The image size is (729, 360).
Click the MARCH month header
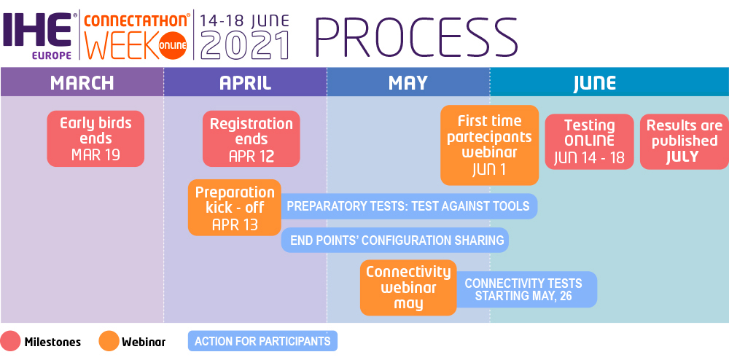point(82,82)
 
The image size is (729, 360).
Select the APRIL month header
point(245,82)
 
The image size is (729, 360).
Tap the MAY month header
point(408,82)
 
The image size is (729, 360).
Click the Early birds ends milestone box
point(95,138)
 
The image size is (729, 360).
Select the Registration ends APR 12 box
point(252,138)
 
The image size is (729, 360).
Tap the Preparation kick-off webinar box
point(235,208)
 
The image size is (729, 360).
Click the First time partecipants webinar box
point(490,145)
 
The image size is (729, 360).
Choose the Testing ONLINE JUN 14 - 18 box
point(590,141)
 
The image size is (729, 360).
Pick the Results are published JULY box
point(685,141)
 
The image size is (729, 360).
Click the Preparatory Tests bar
point(409,206)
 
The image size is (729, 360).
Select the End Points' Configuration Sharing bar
point(395,240)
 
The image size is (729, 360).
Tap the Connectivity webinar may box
point(408,288)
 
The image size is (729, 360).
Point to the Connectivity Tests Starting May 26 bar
point(526,289)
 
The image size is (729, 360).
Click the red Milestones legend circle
point(11,341)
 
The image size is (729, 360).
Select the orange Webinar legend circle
point(109,341)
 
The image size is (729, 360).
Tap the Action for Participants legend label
point(262,342)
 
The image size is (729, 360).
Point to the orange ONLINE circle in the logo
point(173,45)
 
